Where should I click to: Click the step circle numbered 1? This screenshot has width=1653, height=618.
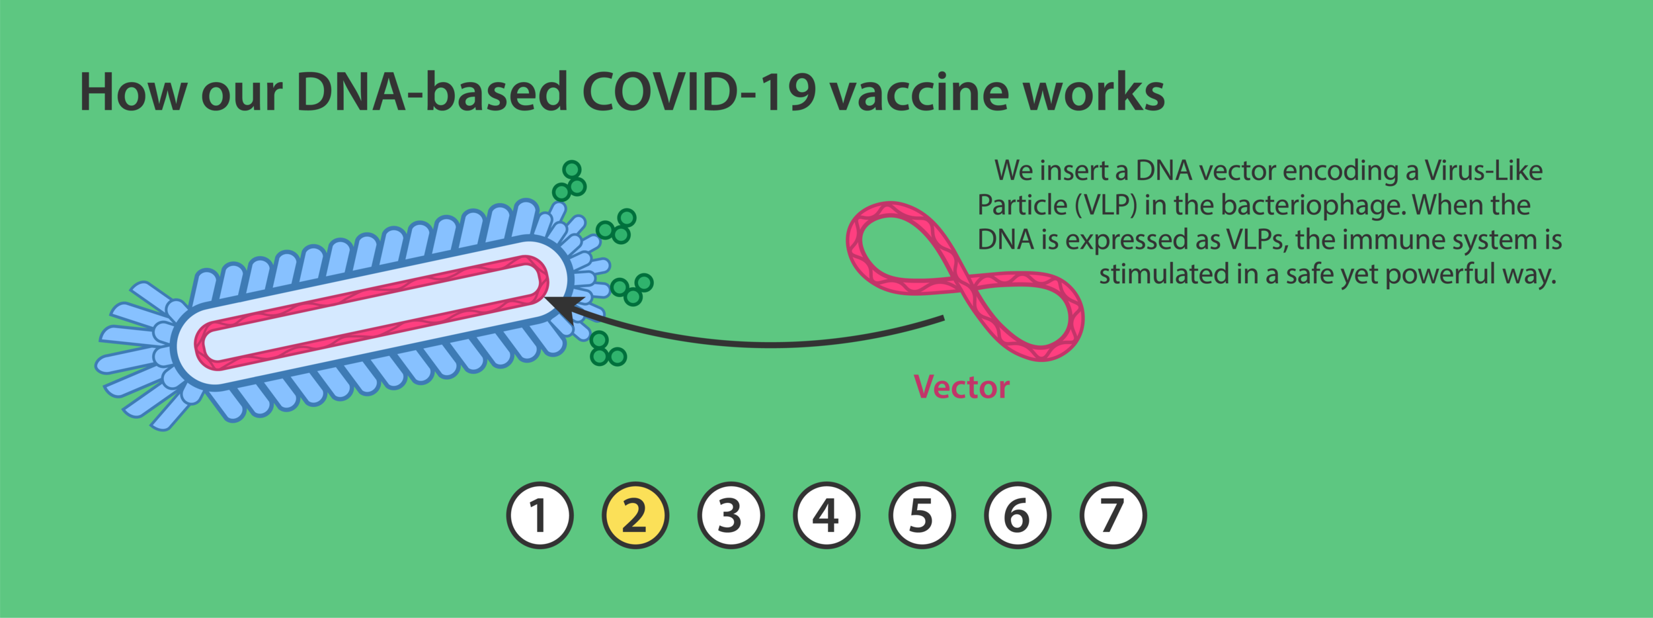pos(540,515)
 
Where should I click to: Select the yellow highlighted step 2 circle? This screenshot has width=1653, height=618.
pos(635,515)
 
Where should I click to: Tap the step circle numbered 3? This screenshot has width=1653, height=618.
pos(731,515)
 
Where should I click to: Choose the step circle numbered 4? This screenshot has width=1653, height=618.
pos(826,515)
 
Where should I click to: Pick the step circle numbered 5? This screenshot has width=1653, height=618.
pos(922,515)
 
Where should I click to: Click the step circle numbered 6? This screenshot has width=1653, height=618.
pos(1017,515)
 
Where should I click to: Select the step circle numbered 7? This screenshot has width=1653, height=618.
pos(1113,515)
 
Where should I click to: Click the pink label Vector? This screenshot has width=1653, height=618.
pos(961,387)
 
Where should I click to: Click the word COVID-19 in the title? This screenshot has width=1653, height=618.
pos(699,93)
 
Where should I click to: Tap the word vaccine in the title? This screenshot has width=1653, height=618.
pos(919,93)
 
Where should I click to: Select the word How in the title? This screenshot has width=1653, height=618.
pos(133,93)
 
